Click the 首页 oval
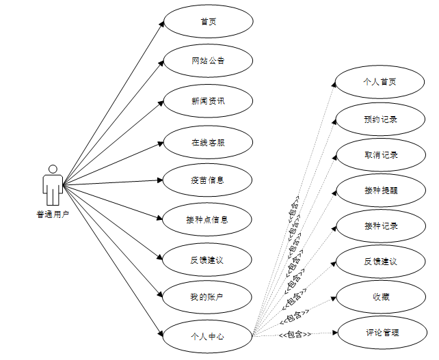click(208, 21)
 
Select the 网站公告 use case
click(208, 61)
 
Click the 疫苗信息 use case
click(208, 180)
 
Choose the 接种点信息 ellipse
click(208, 220)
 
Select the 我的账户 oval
click(208, 297)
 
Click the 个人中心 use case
click(208, 336)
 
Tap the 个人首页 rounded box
click(380, 82)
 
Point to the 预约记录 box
click(380, 120)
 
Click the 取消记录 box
click(380, 155)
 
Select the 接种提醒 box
click(380, 191)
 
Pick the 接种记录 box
click(380, 226)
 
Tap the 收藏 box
click(380, 297)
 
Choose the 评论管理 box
click(380, 333)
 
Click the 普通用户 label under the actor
click(53, 214)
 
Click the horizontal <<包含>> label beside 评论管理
click(295, 334)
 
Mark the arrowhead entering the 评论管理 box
click(335, 333)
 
